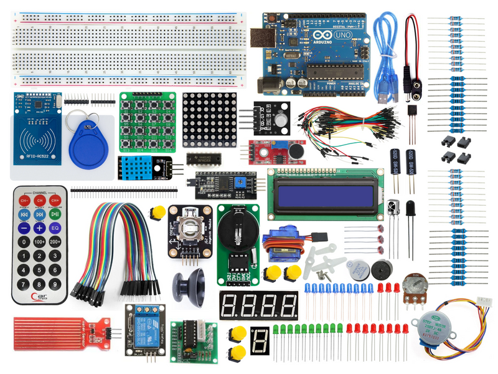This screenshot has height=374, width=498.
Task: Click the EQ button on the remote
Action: point(55,228)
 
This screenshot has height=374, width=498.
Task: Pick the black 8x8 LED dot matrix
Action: point(210,120)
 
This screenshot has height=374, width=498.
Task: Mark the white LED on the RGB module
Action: point(283,118)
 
